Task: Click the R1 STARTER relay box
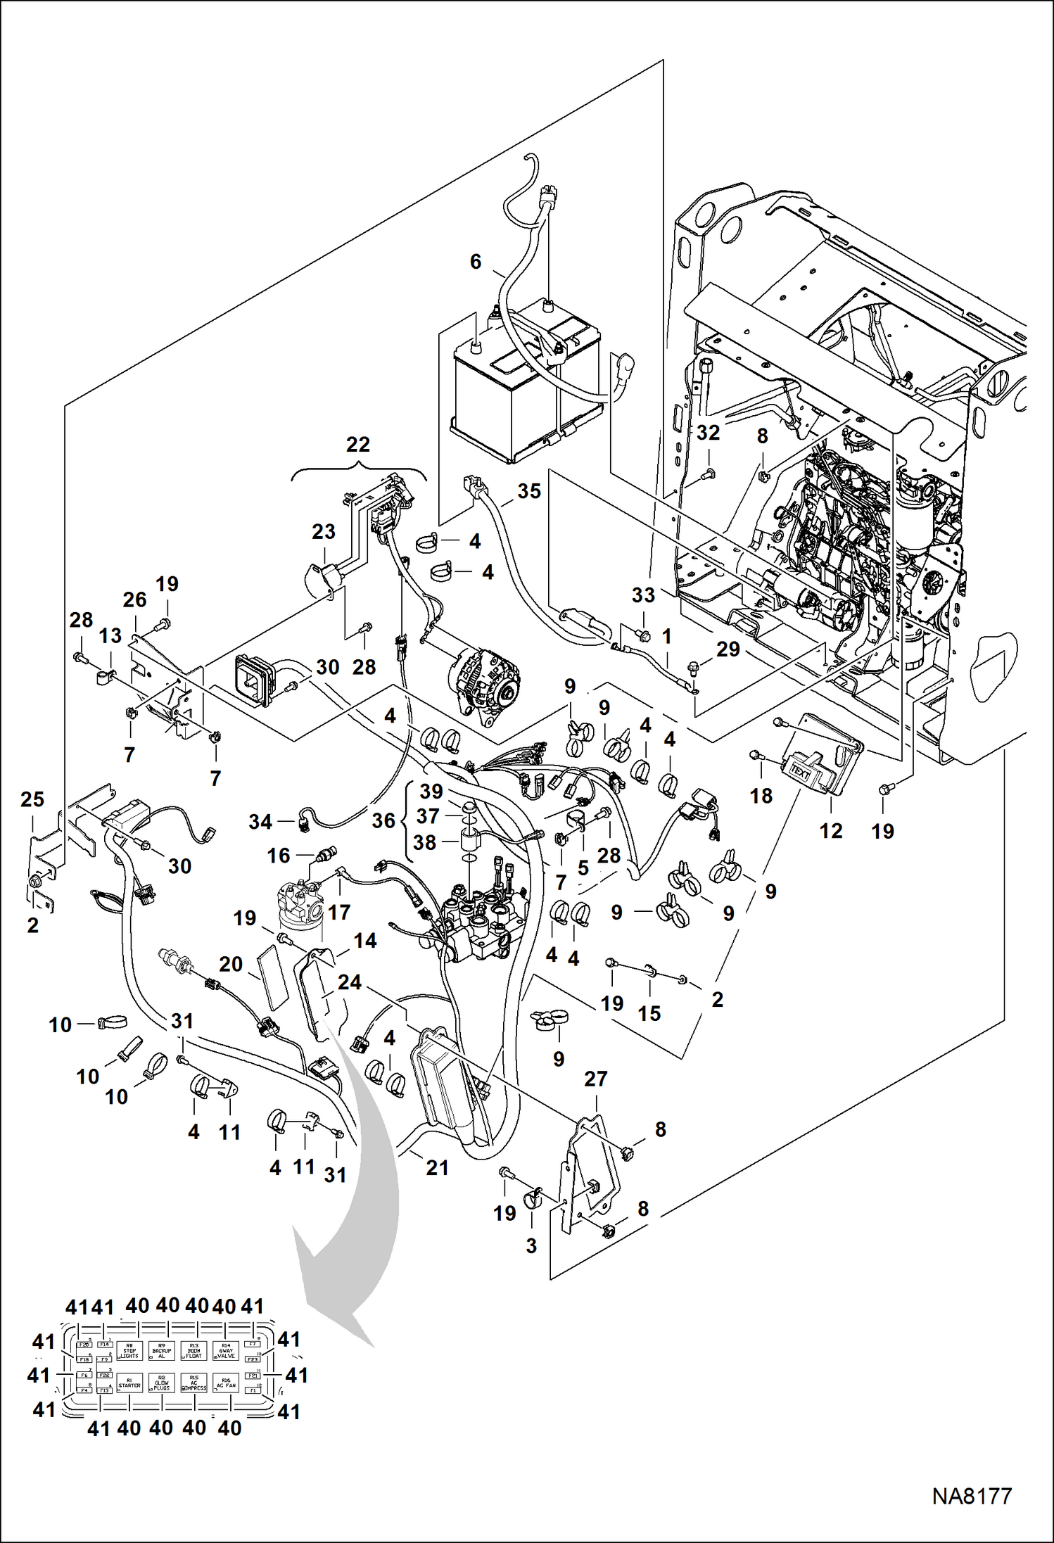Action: pyautogui.click(x=129, y=1383)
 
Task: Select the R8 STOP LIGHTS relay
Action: pyautogui.click(x=129, y=1351)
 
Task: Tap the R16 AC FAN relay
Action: pyautogui.click(x=226, y=1383)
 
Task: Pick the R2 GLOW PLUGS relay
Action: pyautogui.click(x=162, y=1383)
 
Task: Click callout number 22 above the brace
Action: pyautogui.click(x=358, y=445)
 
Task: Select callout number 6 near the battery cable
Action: pyautogui.click(x=476, y=262)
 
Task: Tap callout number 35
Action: pyautogui.click(x=529, y=491)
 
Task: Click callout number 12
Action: pyautogui.click(x=831, y=831)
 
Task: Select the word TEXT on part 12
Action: pyautogui.click(x=800, y=771)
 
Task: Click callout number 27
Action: pyautogui.click(x=595, y=1079)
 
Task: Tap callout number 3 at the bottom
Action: pyautogui.click(x=531, y=1245)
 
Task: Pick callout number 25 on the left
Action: pyautogui.click(x=32, y=799)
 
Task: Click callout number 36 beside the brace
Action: pyautogui.click(x=383, y=820)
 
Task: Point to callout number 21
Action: pyautogui.click(x=437, y=1167)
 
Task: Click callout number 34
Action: pyautogui.click(x=260, y=821)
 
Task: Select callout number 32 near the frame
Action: pyautogui.click(x=708, y=433)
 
